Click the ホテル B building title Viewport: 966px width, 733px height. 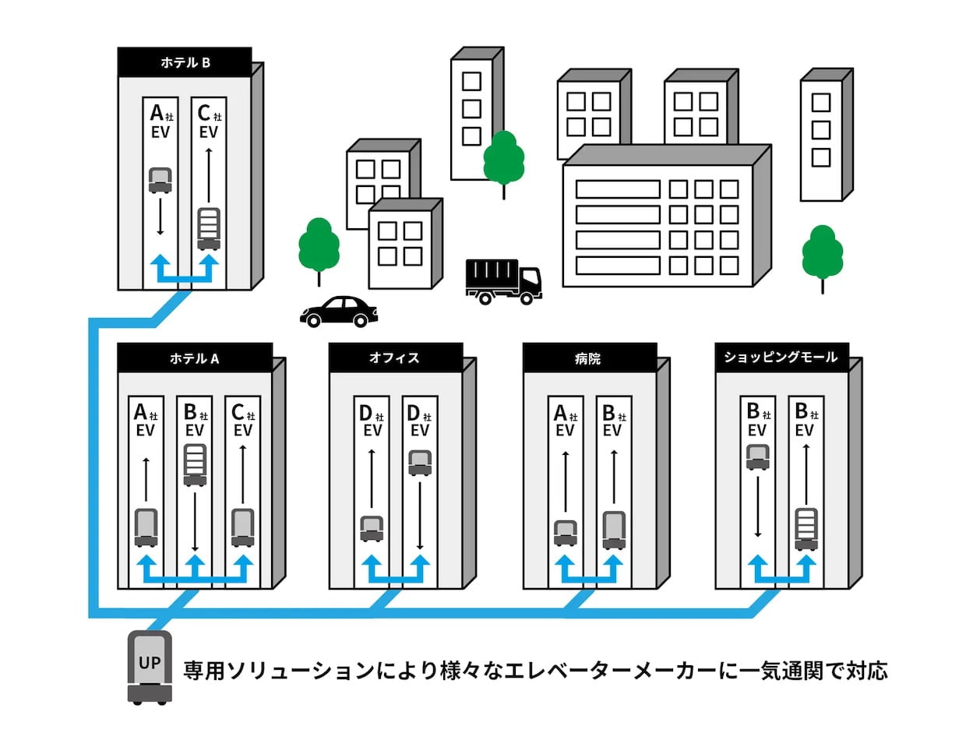click(x=185, y=62)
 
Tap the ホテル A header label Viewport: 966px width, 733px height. click(x=195, y=358)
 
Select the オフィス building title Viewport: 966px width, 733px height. click(x=395, y=358)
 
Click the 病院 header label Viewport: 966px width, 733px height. click(x=588, y=358)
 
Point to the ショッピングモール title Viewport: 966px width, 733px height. click(x=781, y=357)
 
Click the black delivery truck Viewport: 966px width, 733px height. click(x=504, y=282)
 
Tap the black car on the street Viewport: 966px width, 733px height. click(x=339, y=312)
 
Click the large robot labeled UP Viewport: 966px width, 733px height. click(x=150, y=668)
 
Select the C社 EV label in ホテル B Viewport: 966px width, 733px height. click(x=209, y=122)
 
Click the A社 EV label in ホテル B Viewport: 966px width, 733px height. click(x=161, y=122)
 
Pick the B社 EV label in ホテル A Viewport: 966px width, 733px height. click(x=196, y=420)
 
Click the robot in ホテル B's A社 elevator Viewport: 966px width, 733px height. click(x=160, y=181)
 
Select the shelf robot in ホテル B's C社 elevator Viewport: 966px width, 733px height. click(x=209, y=229)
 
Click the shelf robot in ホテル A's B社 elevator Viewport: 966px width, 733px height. click(x=195, y=465)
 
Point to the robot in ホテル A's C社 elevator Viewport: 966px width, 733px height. click(x=243, y=527)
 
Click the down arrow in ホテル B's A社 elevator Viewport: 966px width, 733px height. click(x=160, y=217)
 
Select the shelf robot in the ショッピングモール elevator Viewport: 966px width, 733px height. click(x=806, y=529)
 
